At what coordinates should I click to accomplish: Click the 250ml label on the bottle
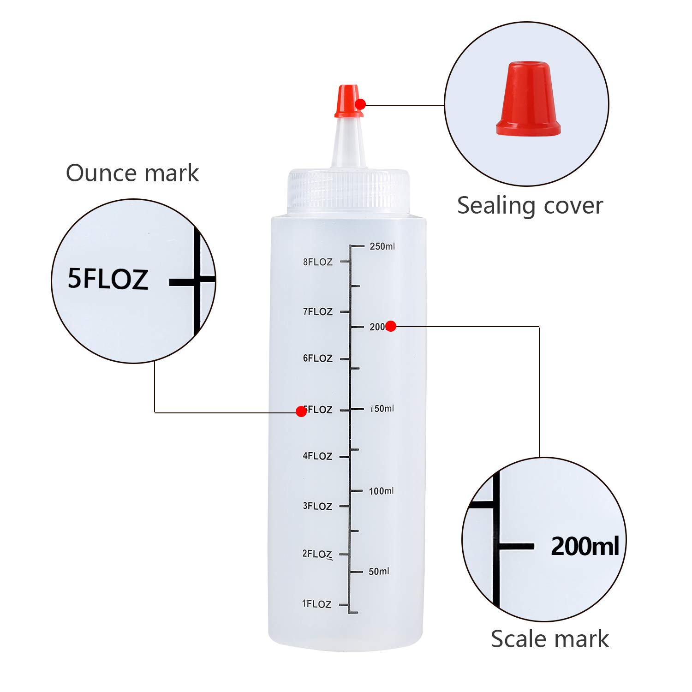pos(382,246)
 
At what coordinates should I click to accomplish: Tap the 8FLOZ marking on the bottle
pos(317,262)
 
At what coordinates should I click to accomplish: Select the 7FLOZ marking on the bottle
pos(317,312)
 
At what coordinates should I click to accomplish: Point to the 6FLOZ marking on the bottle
pos(317,358)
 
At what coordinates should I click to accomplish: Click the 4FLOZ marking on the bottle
pos(317,456)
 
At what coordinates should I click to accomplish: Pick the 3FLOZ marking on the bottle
pos(317,506)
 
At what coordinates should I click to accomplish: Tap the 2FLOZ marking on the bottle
pos(317,554)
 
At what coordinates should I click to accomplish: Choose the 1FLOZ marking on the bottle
pos(316,604)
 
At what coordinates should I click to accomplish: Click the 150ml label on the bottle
pos(382,409)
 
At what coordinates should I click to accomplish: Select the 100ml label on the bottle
pos(381,491)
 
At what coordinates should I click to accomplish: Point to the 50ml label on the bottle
pos(379,572)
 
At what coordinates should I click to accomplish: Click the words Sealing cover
pos(530,206)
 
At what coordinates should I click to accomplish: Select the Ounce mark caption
pos(132,173)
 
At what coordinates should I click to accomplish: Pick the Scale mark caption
pos(549,639)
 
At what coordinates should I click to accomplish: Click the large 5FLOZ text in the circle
pos(108,279)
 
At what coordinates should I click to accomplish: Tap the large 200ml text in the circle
pos(585,547)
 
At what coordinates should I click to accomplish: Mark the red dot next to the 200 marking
pos(391,326)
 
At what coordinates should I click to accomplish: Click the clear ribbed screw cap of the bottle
pos(348,191)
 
